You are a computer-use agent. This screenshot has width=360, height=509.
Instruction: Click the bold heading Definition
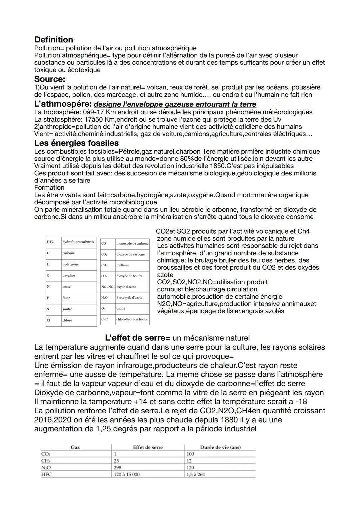[x=53, y=40]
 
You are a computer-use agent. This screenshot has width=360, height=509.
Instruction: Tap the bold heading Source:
[x=49, y=79]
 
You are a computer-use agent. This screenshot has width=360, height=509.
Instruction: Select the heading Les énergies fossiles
[x=76, y=143]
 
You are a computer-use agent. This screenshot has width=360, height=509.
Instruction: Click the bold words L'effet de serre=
[x=138, y=338]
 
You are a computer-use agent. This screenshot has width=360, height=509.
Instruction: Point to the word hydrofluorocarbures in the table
[x=78, y=242]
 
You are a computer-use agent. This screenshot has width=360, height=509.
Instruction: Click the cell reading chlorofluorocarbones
[x=132, y=319]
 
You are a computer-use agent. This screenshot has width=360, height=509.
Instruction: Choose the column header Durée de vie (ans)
[x=220, y=447]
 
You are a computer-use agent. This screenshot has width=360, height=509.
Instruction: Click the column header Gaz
[x=75, y=447]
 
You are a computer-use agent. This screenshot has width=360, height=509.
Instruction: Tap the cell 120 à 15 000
[x=127, y=474]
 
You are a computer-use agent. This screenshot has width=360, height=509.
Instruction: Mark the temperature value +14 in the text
[x=140, y=402]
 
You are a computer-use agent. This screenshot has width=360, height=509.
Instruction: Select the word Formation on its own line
[x=49, y=188]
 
